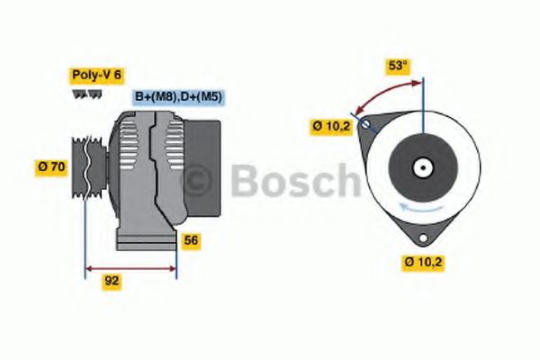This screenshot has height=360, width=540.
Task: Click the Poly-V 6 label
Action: pos(96,76)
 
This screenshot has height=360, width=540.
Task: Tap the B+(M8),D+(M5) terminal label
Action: pos(178,96)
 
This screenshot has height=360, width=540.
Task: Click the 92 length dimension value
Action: pos(112,281)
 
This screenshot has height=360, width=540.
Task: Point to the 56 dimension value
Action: pos(190,240)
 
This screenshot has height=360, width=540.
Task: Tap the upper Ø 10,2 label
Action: pos(331,127)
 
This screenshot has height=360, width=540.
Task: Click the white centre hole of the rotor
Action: pos(420,167)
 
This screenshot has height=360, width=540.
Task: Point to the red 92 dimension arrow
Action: pos(130,267)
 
